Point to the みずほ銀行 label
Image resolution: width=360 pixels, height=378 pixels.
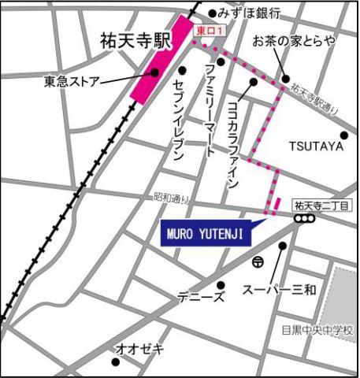251,13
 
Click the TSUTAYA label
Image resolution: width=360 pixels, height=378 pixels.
316,146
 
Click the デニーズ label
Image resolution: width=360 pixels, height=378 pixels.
201,297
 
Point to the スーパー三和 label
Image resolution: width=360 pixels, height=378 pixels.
280,289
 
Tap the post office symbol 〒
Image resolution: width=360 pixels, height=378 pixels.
258,261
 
